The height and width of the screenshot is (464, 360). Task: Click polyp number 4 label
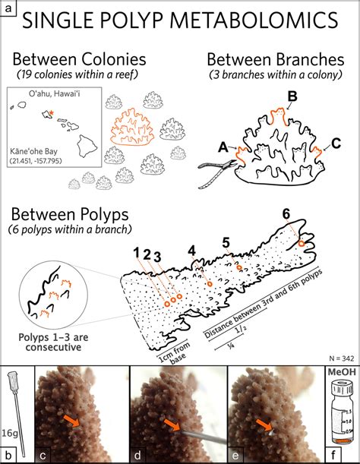pyautogui.click(x=192, y=249)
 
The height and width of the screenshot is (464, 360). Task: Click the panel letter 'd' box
pyautogui.click(x=138, y=456)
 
